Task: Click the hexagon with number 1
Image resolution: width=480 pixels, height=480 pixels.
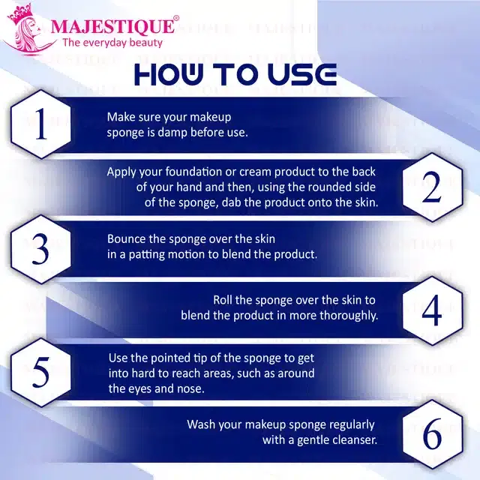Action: tap(41, 125)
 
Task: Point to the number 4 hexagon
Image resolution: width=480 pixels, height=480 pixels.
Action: tap(431, 310)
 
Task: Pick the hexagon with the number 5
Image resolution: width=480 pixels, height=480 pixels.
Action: tap(41, 371)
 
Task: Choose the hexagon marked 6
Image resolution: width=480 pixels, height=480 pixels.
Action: tap(431, 433)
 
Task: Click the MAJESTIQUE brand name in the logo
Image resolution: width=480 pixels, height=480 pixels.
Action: tap(114, 28)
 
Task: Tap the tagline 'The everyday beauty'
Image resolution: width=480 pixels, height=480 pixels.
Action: tap(112, 43)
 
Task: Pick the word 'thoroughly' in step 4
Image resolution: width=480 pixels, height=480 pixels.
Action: tap(348, 316)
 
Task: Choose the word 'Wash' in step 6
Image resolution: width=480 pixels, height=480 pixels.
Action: tap(202, 424)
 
